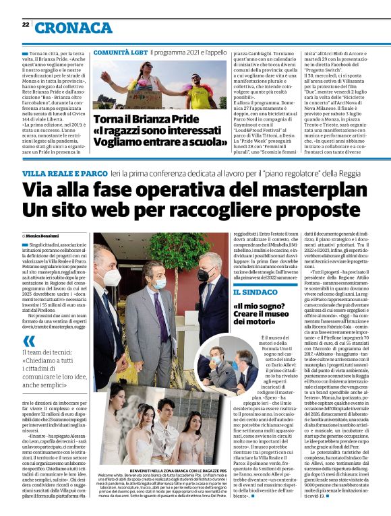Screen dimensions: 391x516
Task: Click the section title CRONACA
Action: coord(74,27)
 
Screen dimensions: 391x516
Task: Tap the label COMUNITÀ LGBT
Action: coord(119,51)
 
